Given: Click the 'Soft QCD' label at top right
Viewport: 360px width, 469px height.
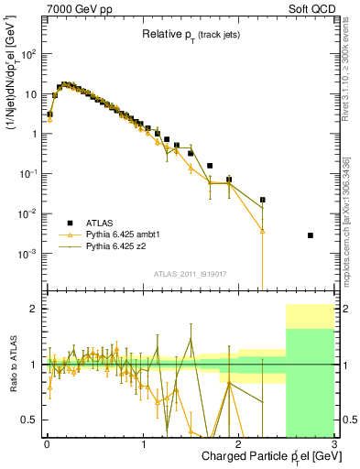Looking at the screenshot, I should (310, 7).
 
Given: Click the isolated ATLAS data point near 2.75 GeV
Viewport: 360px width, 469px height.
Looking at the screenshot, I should (311, 235).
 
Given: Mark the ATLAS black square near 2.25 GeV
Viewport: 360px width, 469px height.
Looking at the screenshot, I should (263, 199).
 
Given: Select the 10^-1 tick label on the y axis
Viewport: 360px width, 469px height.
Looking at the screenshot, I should (29, 174).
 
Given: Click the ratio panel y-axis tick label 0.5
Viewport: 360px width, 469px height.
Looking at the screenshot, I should (31, 420).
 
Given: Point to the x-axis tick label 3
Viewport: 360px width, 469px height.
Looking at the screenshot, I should (334, 443).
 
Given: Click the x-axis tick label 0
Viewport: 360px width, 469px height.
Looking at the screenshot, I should (46, 443).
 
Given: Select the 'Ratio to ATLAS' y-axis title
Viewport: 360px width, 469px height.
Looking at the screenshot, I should (11, 365).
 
